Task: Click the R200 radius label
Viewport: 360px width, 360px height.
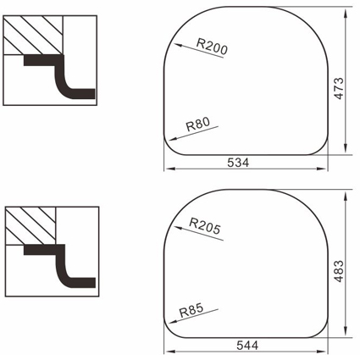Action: point(212,47)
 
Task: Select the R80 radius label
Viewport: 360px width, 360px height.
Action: point(198,125)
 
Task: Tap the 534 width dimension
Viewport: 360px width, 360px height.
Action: point(238,163)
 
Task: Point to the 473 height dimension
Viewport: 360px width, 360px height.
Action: point(339,88)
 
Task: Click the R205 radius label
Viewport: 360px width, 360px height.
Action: point(205,226)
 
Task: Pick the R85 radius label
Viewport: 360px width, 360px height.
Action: point(191,310)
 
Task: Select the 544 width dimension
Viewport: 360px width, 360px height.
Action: point(247,346)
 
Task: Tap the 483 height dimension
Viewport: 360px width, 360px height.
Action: point(339,271)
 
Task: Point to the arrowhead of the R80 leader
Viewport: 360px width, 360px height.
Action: point(173,139)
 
